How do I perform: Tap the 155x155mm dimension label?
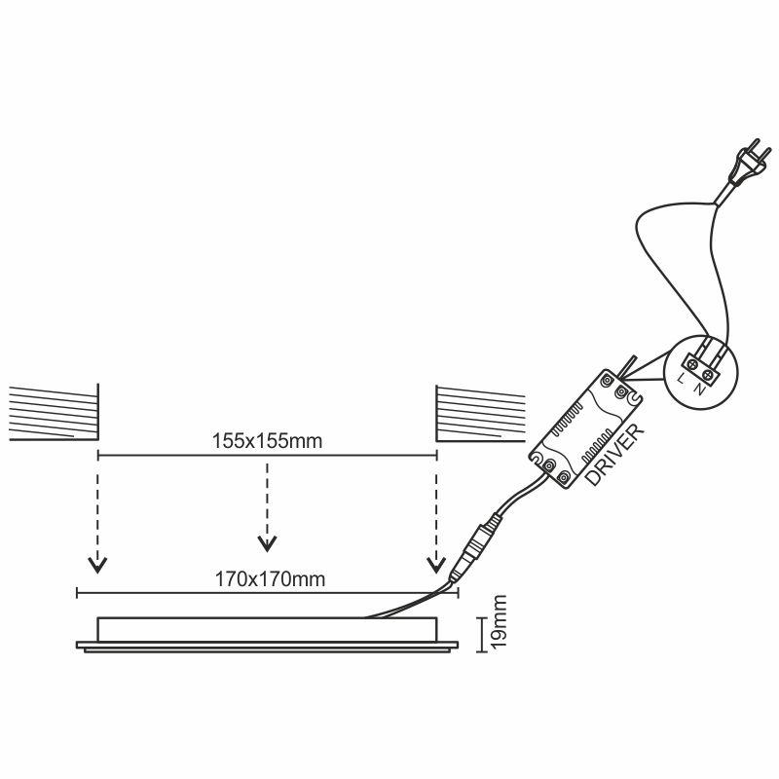(266, 440)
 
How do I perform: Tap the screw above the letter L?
(692, 362)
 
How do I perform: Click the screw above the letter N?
(708, 370)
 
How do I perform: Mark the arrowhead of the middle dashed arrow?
(266, 541)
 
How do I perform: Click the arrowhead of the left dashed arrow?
(96, 565)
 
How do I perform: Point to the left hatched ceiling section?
(54, 413)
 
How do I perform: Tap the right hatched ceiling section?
(479, 413)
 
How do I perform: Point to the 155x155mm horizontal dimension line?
(175, 455)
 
